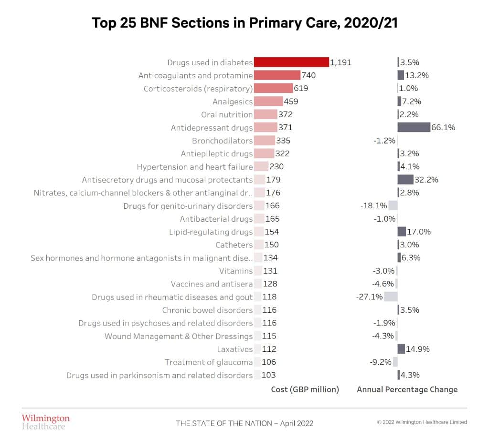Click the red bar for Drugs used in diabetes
(291, 62)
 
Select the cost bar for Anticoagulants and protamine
(277, 75)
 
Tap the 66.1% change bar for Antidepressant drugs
(414, 127)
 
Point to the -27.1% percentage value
(369, 297)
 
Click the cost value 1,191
(341, 62)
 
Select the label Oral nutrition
(227, 114)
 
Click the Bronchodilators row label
(222, 141)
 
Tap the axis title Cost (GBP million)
(305, 389)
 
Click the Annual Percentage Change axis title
(407, 389)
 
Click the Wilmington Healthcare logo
(45, 422)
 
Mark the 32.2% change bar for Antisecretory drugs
(405, 180)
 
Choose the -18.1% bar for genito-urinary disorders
(393, 206)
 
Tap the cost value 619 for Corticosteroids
(301, 89)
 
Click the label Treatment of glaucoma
(209, 362)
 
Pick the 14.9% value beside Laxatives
(418, 349)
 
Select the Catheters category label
(234, 245)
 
